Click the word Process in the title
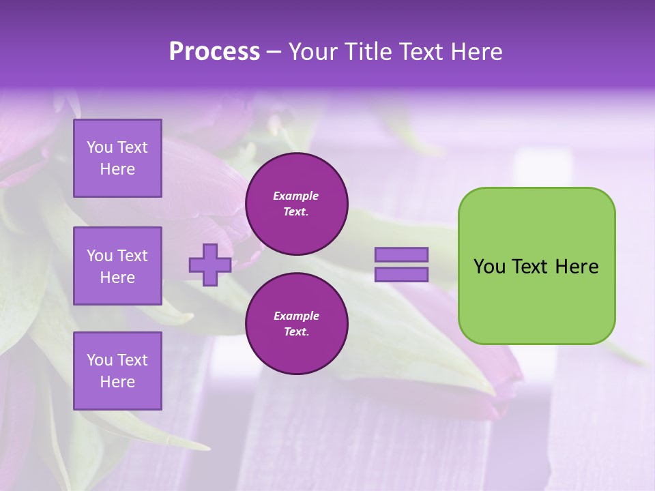pos(214,52)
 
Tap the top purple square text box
pos(117,158)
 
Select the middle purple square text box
pos(117,266)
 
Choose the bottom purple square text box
pos(117,370)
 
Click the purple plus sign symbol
pos(209,265)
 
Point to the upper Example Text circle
pos(296,204)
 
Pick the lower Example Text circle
pos(296,324)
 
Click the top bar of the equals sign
pos(401,254)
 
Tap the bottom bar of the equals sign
pos(401,274)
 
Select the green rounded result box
pos(536,300)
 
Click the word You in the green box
pos(489,267)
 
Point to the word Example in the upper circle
pos(295,196)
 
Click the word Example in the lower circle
pos(295,316)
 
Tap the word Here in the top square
pos(117,169)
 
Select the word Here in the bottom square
pos(117,382)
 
